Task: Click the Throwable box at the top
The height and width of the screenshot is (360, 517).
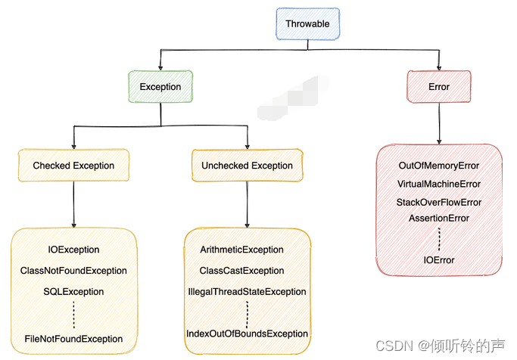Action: pyautogui.click(x=307, y=24)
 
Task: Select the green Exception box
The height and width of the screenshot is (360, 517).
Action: pyautogui.click(x=160, y=87)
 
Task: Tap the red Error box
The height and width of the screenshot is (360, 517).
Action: pyautogui.click(x=439, y=87)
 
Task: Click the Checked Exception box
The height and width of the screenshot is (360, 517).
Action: pyautogui.click(x=73, y=166)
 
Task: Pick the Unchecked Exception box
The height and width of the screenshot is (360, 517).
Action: pyautogui.click(x=247, y=166)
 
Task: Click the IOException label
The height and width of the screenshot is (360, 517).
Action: pyautogui.click(x=73, y=250)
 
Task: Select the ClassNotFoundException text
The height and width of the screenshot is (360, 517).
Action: pyautogui.click(x=73, y=271)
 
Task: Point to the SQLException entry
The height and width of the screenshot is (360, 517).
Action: pyautogui.click(x=73, y=292)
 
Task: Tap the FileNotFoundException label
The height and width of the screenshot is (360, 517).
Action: pyautogui.click(x=73, y=339)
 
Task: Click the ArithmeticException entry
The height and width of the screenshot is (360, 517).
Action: pyautogui.click(x=242, y=250)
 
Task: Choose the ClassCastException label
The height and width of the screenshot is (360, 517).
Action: pyautogui.click(x=242, y=271)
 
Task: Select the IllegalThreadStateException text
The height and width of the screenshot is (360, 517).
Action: pyautogui.click(x=248, y=292)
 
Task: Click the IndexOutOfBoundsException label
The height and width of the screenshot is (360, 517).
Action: pyautogui.click(x=248, y=334)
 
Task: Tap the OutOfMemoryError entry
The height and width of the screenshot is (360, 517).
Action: pyautogui.click(x=439, y=165)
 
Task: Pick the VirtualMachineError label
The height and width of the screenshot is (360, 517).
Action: pyautogui.click(x=439, y=184)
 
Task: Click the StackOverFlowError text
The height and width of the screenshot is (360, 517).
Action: pyautogui.click(x=439, y=203)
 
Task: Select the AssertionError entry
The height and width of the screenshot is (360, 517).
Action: pyautogui.click(x=439, y=219)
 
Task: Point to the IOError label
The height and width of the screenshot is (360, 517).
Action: pyautogui.click(x=439, y=260)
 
